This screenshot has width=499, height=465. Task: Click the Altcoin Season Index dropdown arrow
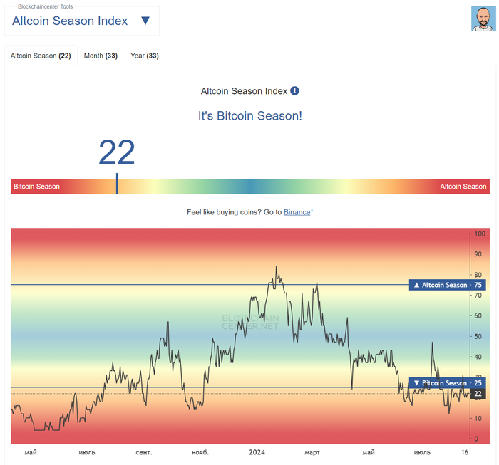pyautogui.click(x=145, y=21)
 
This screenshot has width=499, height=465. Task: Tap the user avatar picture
pyautogui.click(x=483, y=19)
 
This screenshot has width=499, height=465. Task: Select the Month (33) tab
pyautogui.click(x=101, y=56)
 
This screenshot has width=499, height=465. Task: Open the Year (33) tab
pyautogui.click(x=144, y=56)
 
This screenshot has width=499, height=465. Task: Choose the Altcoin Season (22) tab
pyautogui.click(x=41, y=56)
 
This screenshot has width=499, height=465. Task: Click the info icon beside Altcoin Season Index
pyautogui.click(x=295, y=91)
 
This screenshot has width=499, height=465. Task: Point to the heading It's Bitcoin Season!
pyautogui.click(x=249, y=115)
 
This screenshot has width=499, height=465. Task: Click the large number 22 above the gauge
pyautogui.click(x=116, y=152)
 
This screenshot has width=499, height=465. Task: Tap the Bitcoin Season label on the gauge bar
pyautogui.click(x=37, y=187)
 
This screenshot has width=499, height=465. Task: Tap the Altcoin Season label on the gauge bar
pyautogui.click(x=463, y=187)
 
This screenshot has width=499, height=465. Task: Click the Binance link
pyautogui.click(x=297, y=212)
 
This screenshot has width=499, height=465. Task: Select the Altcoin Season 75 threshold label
pyautogui.click(x=448, y=285)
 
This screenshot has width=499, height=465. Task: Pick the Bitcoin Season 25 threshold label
pyautogui.click(x=448, y=383)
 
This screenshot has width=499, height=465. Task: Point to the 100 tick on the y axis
pyautogui.click(x=480, y=234)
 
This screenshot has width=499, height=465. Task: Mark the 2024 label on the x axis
pyautogui.click(x=257, y=452)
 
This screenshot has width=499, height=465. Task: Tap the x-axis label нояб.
pyautogui.click(x=200, y=452)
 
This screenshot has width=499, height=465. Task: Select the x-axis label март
pyautogui.click(x=312, y=452)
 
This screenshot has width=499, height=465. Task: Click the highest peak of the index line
pyautogui.click(x=276, y=267)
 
